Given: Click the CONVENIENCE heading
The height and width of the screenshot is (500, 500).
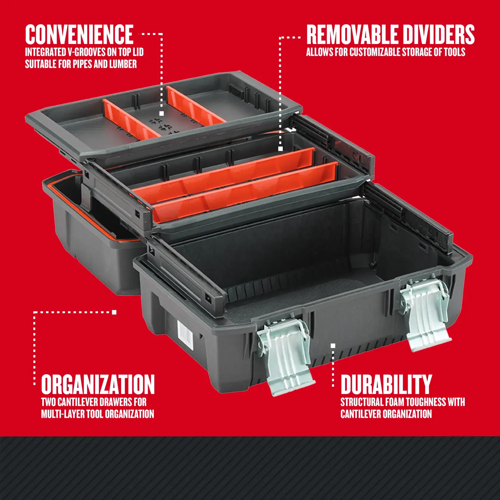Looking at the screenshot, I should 79,35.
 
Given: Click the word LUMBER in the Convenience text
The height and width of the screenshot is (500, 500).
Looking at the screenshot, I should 123,64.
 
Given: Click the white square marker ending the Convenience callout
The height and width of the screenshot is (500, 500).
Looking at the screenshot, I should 162,113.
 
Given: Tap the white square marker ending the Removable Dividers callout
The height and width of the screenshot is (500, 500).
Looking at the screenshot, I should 280,149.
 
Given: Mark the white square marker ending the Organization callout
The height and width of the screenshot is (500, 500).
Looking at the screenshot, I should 114,312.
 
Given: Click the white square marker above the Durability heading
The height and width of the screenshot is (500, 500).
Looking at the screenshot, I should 333,346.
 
